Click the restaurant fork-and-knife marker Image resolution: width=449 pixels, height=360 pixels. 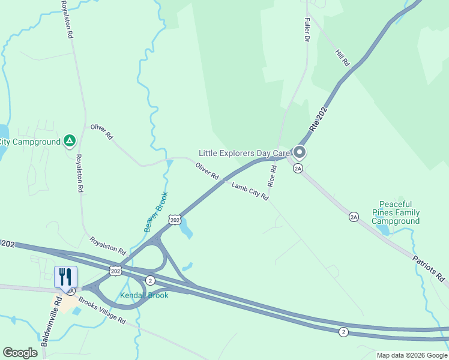pyautogui.click(x=65, y=277)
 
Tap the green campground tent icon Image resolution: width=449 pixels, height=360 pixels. pyautogui.click(x=70, y=141)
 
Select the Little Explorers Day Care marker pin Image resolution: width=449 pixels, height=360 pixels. pyautogui.click(x=299, y=152)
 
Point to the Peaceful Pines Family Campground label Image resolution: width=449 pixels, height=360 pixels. pyautogui.click(x=396, y=212)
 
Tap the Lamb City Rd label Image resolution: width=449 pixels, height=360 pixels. pyautogui.click(x=250, y=191)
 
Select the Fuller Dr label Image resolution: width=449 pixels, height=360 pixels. pyautogui.click(x=306, y=29)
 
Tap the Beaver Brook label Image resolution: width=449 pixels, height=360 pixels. pyautogui.click(x=156, y=212)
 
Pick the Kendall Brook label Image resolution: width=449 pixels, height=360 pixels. pyautogui.click(x=144, y=295)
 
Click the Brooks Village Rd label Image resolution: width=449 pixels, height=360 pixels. pyautogui.click(x=102, y=311)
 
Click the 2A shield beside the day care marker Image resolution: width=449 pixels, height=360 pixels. pyautogui.click(x=298, y=169)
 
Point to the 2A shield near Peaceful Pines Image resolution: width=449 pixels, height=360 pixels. pyautogui.click(x=354, y=217)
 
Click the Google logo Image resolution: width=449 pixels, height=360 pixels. pyautogui.click(x=20, y=353)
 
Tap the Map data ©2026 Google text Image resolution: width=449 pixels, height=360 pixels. pyautogui.click(x=412, y=355)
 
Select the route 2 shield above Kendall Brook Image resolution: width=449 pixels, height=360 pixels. pyautogui.click(x=150, y=280)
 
